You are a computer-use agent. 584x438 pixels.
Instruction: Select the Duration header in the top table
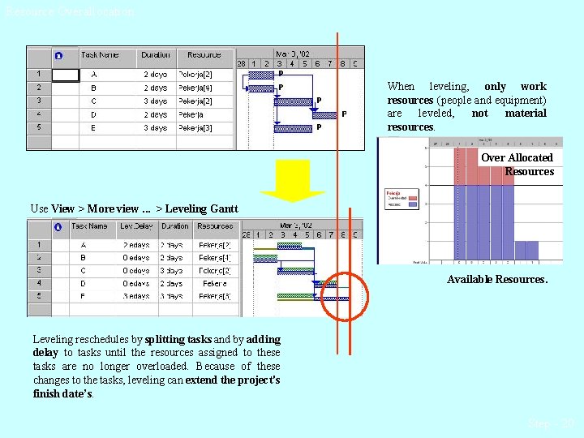pos(155,55)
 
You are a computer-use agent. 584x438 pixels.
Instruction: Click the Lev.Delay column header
pos(135,226)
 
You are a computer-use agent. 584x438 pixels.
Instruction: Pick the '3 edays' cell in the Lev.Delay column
pos(135,296)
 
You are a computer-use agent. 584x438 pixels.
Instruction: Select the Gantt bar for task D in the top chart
pos(324,114)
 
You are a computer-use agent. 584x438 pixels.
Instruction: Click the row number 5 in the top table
pos(38,127)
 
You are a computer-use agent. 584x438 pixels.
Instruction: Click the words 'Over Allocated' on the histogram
pos(517,157)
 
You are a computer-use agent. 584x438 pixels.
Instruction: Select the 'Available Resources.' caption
pos(497,279)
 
